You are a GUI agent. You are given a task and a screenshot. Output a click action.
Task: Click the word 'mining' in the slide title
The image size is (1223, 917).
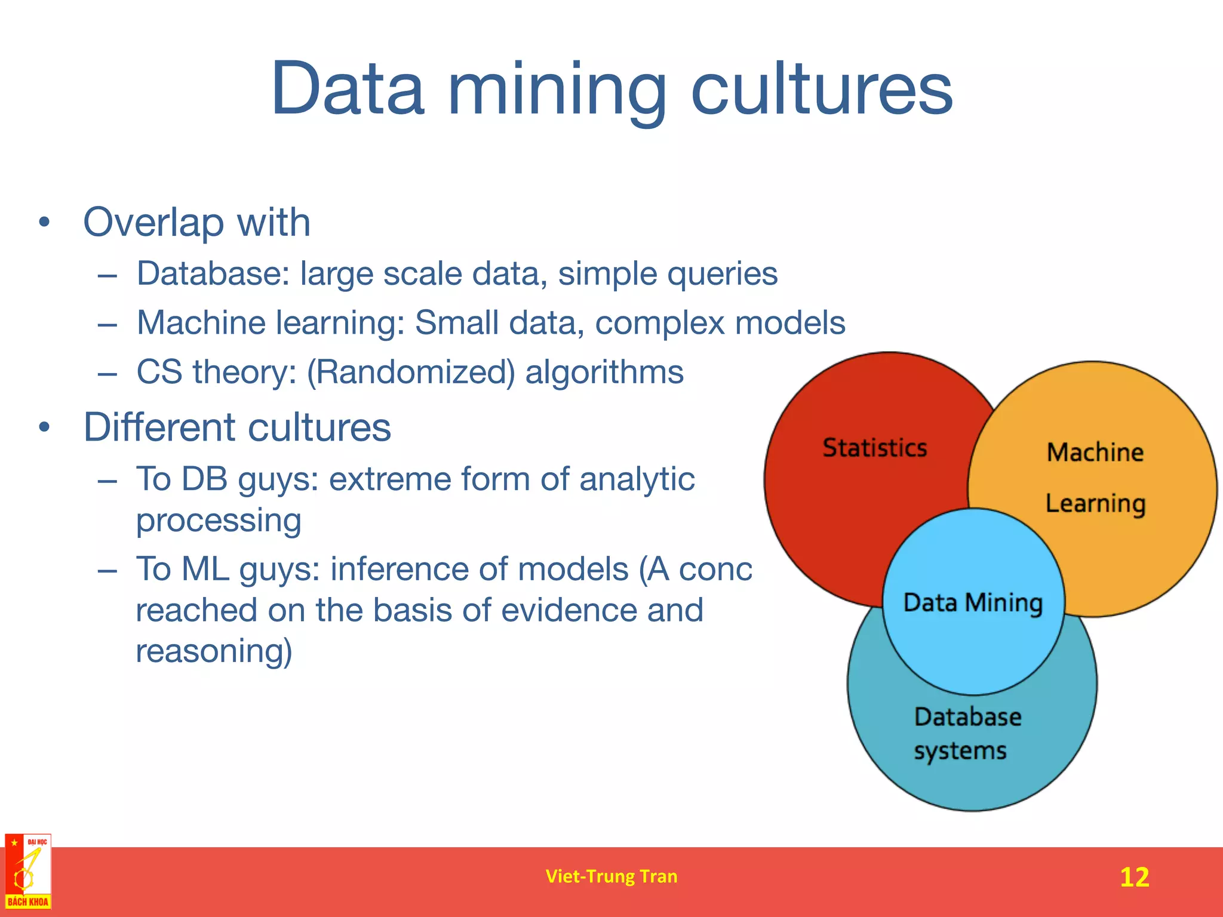pyautogui.click(x=557, y=90)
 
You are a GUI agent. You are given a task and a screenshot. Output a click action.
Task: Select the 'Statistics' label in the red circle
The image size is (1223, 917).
pyautogui.click(x=875, y=448)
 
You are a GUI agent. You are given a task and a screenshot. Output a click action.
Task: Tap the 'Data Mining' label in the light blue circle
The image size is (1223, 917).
pyautogui.click(x=973, y=602)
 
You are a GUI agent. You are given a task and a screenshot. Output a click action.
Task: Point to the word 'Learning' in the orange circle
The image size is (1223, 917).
pyautogui.click(x=1095, y=504)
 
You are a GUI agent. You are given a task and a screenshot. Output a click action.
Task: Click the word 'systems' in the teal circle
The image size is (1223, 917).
pyautogui.click(x=960, y=751)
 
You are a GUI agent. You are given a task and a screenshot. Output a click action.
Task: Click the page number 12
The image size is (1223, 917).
pyautogui.click(x=1134, y=877)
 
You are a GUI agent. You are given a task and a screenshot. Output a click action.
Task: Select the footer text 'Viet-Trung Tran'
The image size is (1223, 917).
pyautogui.click(x=611, y=876)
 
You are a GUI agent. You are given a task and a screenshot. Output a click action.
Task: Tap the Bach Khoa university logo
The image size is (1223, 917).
pyautogui.click(x=27, y=872)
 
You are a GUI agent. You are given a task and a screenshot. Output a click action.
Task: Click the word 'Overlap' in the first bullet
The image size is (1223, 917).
pyautogui.click(x=153, y=222)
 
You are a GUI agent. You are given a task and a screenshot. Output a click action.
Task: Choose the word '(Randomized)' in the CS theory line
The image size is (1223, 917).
pyautogui.click(x=411, y=372)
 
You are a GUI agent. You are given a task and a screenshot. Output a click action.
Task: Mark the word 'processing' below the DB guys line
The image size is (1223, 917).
pyautogui.click(x=219, y=521)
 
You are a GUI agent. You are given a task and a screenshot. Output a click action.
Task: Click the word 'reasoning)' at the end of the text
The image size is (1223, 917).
pyautogui.click(x=214, y=651)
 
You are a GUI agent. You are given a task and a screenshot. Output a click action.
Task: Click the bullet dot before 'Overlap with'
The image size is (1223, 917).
pyautogui.click(x=44, y=223)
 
